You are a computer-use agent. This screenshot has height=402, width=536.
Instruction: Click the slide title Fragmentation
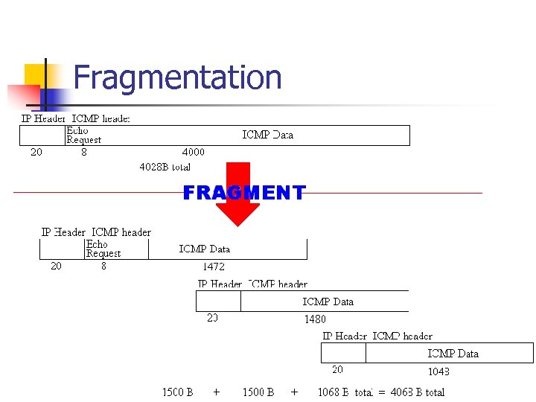coord(177,78)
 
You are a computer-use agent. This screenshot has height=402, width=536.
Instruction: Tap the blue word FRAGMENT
coord(244,194)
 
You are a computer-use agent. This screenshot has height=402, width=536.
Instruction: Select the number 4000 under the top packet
coord(194,152)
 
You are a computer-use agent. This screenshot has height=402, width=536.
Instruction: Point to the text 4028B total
coord(165,167)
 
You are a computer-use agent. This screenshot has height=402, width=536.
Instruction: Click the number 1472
coord(213,266)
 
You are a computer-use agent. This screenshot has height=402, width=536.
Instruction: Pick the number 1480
coord(315,319)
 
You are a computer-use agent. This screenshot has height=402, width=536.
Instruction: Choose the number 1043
coord(438,371)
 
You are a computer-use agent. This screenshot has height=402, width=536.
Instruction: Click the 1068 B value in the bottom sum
coord(334,392)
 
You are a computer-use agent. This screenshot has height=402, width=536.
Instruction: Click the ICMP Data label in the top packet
coord(268,135)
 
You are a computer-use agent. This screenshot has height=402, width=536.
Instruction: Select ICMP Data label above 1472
coord(205,249)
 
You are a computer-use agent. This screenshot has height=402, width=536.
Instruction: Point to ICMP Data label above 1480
coord(328,301)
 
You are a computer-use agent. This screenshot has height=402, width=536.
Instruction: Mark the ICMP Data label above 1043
coord(453,354)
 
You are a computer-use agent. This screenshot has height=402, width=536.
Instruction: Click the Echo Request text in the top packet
coord(83,135)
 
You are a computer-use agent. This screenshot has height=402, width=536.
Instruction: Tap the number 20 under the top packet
coord(36,152)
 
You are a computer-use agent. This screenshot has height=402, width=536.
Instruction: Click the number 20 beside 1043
coord(337,369)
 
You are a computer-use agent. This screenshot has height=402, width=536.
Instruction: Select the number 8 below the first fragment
coord(103,266)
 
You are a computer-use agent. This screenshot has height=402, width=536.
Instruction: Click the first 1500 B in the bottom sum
coord(178,392)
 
